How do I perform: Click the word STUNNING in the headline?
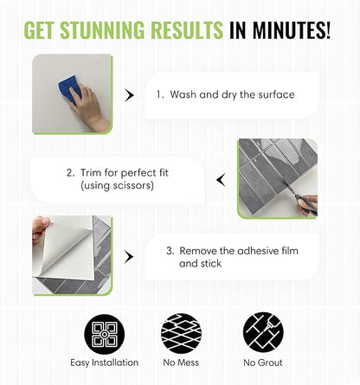tap(102, 30)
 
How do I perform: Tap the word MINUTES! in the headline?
tap(292, 30)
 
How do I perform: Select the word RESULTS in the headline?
tap(187, 30)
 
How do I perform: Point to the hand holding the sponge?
tap(88, 107)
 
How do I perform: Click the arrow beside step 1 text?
tap(130, 95)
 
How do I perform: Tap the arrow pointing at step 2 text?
tap(221, 180)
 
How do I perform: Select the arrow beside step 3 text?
tap(129, 257)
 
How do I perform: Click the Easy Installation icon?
tap(105, 334)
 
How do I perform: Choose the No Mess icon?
tap(181, 334)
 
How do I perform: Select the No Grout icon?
tap(263, 332)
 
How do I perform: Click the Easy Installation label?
tap(105, 363)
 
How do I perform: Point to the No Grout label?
tap(263, 363)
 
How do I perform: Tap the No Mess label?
tap(181, 363)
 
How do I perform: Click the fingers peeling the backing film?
tap(41, 228)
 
